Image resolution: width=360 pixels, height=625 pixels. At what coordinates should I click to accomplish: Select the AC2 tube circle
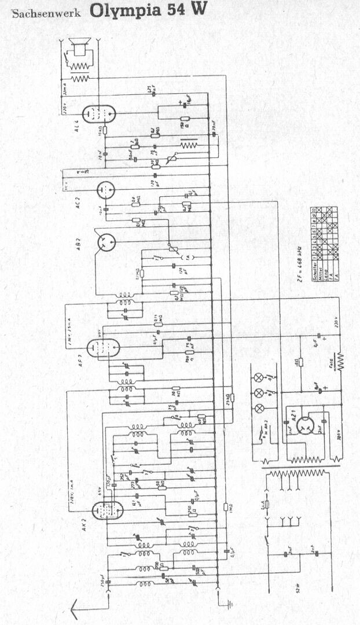105,189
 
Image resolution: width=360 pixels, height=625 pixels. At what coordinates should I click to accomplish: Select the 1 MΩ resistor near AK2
226,507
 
